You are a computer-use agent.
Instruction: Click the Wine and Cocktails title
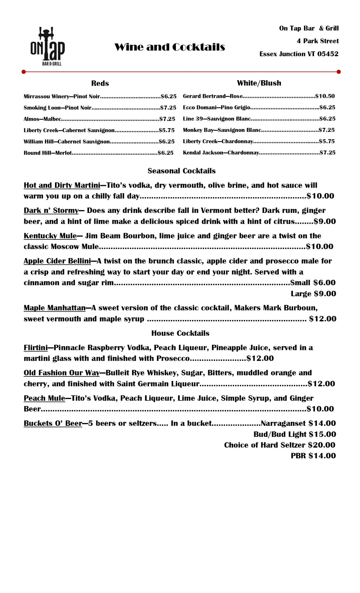point(170,47)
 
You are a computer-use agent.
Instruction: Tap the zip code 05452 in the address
point(328,54)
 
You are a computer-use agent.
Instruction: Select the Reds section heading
point(100,83)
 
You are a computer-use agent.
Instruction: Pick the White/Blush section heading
point(259,83)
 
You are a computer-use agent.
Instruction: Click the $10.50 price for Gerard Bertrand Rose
point(325,96)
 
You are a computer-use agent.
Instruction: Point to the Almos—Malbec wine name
point(43,119)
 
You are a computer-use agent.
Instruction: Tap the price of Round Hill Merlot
point(165,153)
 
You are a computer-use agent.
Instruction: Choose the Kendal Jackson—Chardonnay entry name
point(221,153)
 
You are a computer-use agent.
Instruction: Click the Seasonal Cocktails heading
point(182,171)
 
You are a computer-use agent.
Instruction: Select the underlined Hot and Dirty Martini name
point(62,185)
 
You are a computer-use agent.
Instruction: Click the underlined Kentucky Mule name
point(50,236)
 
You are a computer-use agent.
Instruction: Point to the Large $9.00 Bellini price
point(313,294)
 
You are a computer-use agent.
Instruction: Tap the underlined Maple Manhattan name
point(54,308)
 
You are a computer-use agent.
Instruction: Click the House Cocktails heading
point(180,333)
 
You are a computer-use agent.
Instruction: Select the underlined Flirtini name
point(36,347)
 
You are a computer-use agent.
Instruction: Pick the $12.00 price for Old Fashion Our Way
point(321,384)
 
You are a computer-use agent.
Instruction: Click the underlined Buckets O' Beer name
point(53,423)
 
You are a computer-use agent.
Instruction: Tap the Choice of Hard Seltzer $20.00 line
point(279,445)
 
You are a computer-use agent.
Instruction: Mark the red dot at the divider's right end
point(339,72)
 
